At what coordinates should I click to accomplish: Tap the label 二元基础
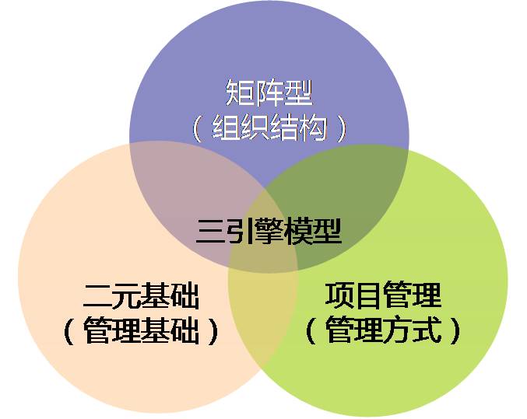click(x=140, y=296)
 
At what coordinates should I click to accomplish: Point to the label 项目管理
click(x=383, y=296)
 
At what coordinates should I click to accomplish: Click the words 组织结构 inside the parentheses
click(x=269, y=127)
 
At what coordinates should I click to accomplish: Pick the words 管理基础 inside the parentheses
click(x=140, y=332)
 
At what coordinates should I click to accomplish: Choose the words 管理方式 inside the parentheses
click(x=383, y=332)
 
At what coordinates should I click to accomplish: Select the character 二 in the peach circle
click(x=97, y=297)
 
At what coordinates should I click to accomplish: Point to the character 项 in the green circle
click(x=339, y=296)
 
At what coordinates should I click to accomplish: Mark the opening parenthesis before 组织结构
click(x=197, y=127)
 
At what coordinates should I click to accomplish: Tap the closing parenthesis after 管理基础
click(x=213, y=333)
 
